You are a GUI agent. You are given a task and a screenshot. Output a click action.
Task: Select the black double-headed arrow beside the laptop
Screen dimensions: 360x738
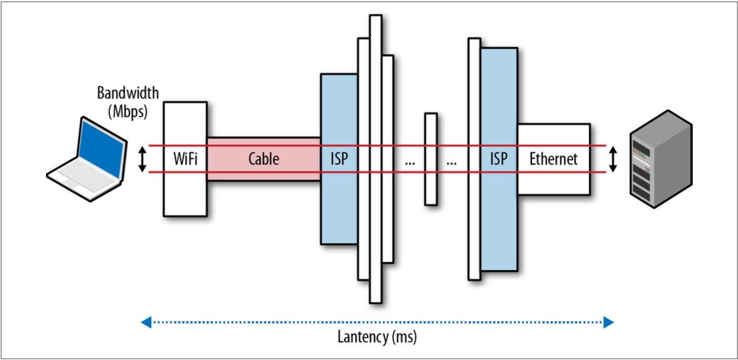pos(142,159)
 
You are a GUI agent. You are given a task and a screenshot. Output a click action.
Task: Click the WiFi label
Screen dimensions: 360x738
pos(185,159)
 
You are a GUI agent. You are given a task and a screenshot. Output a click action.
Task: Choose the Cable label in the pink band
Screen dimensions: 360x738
pos(263,159)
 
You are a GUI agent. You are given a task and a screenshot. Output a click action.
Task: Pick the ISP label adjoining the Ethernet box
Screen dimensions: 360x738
pos(499,159)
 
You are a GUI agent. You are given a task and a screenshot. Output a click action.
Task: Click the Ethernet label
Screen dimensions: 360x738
pos(553,159)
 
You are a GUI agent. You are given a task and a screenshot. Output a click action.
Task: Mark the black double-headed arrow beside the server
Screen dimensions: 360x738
pos(613,159)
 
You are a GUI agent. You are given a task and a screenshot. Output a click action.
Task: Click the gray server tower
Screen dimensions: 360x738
pos(660,160)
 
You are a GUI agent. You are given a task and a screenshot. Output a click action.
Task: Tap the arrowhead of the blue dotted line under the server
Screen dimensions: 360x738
pos(608,321)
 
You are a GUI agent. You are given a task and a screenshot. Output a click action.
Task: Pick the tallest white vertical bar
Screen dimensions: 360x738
pos(376,158)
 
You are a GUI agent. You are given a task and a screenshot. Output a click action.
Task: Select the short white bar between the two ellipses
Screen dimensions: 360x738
pos(431,159)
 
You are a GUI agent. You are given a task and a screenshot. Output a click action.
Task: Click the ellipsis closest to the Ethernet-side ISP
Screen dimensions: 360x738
pos(452,162)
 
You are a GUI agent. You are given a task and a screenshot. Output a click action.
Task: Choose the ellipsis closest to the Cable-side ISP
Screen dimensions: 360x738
pos(410,162)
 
